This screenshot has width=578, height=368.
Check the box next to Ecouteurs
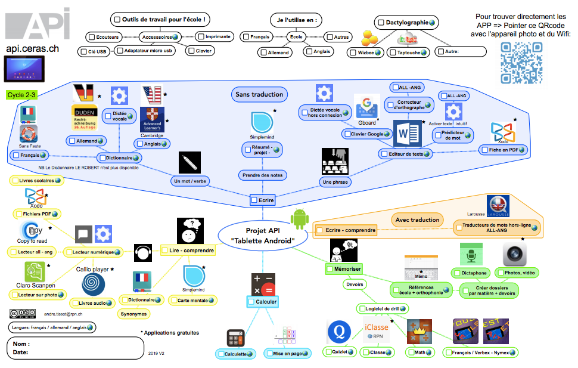pyautogui.click(x=91, y=37)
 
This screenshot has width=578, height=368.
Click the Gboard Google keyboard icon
pyautogui.click(x=366, y=108)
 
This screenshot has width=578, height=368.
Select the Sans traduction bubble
pyautogui.click(x=259, y=94)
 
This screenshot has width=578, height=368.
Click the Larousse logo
pyautogui.click(x=498, y=206)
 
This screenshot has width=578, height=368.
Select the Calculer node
pyautogui.click(x=262, y=302)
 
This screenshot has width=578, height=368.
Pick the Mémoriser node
pyautogui.click(x=344, y=270)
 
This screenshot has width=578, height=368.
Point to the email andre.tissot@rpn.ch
pyautogui.click(x=63, y=314)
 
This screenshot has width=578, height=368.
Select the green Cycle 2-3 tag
pyautogui.click(x=22, y=95)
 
